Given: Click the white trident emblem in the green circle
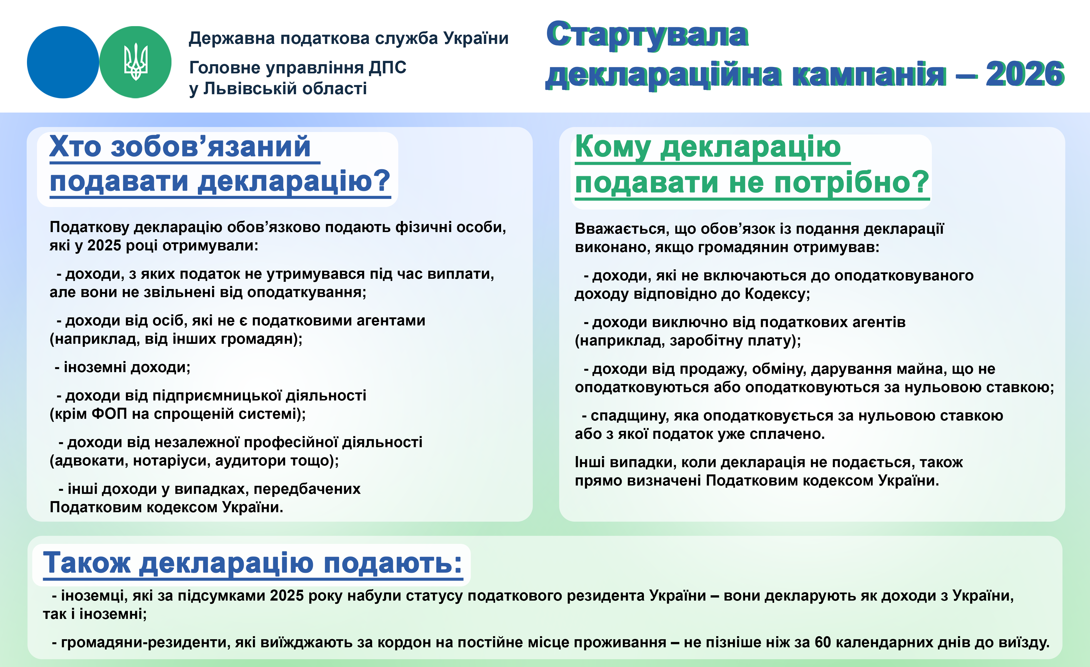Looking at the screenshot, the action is coord(135,62).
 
